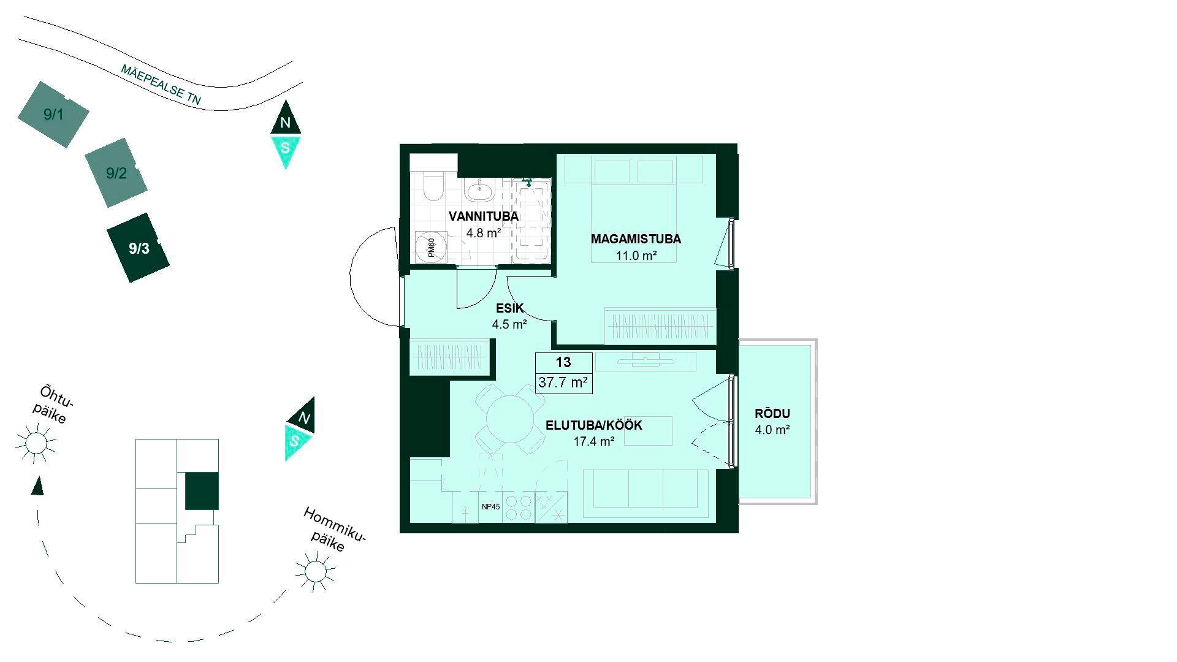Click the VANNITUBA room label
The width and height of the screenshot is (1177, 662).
pos(484,216)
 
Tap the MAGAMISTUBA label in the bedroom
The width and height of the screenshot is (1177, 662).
pos(636,239)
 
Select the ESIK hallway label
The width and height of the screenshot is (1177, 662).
pos(510,309)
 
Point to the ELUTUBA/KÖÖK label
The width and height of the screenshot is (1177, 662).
pos(594,425)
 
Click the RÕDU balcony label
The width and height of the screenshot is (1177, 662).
pos(772,414)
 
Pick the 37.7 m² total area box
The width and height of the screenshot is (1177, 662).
pos(563,383)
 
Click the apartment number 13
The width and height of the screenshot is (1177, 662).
pos(563,362)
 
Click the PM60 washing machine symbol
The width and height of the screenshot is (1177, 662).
pos(431,248)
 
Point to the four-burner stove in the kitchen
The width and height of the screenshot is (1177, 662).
pos(518,508)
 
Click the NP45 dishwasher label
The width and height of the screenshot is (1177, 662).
pos(491,507)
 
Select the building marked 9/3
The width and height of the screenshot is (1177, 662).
pos(138,248)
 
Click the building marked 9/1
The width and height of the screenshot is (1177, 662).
pos(53,114)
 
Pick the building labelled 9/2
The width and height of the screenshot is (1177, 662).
pos(116,173)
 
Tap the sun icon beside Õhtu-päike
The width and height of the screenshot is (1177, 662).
pos(36,442)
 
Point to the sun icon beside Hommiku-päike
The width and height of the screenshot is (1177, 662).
pos(315,571)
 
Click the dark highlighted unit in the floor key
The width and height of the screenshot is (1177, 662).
pos(202,491)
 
